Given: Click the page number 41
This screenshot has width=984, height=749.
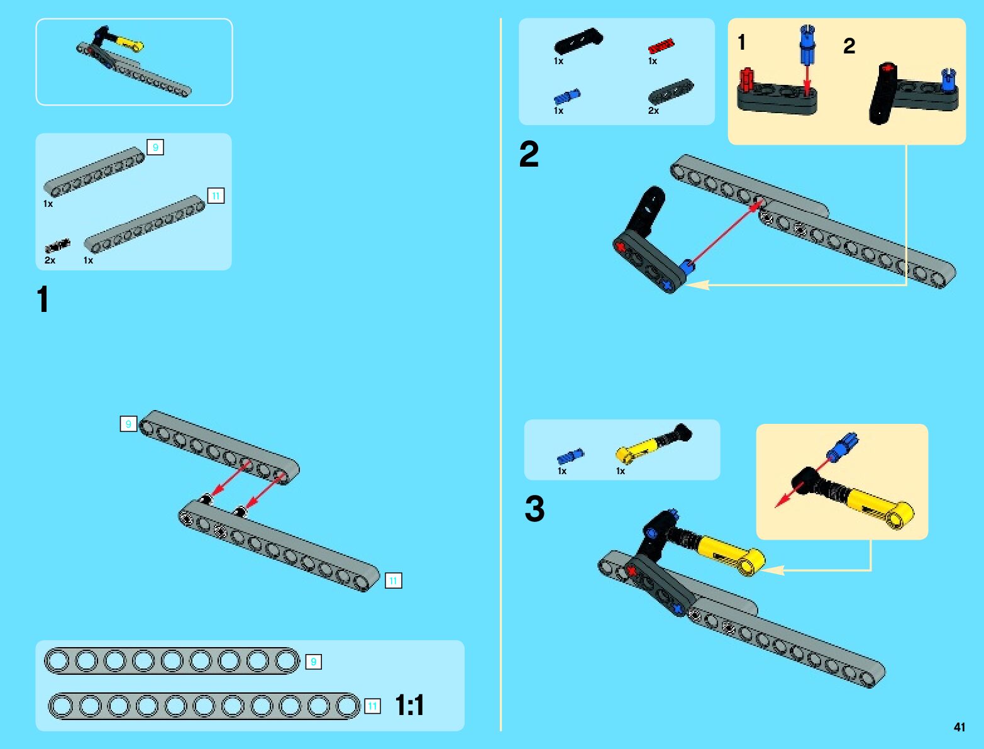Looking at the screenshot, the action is pyautogui.click(x=959, y=726).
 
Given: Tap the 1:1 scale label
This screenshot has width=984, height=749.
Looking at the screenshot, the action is pyautogui.click(x=409, y=705).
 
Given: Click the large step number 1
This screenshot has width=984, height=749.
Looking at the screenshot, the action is pyautogui.click(x=43, y=299).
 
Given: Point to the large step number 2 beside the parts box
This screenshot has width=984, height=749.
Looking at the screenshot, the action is pyautogui.click(x=529, y=153).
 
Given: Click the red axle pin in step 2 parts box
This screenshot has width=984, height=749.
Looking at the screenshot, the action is pyautogui.click(x=661, y=46).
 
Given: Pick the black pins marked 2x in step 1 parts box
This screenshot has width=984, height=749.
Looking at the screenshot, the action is pyautogui.click(x=57, y=246).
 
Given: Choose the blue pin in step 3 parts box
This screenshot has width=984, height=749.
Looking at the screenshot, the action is pyautogui.click(x=570, y=457).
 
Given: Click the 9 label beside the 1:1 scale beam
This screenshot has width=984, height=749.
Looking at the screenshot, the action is pyautogui.click(x=313, y=662).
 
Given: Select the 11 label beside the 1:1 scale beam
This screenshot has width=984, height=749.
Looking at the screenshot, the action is pyautogui.click(x=372, y=706).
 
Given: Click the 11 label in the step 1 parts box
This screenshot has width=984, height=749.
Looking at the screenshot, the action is pyautogui.click(x=216, y=196).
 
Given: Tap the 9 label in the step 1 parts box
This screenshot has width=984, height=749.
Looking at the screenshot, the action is pyautogui.click(x=155, y=147).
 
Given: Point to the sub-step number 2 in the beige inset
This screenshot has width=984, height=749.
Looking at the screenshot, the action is pyautogui.click(x=849, y=46).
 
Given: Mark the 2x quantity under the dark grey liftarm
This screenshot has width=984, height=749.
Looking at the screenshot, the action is pyautogui.click(x=653, y=111).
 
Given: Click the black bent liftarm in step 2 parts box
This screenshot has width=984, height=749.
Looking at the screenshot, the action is pyautogui.click(x=578, y=41).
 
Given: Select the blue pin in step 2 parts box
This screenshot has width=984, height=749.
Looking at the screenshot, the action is pyautogui.click(x=567, y=96).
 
